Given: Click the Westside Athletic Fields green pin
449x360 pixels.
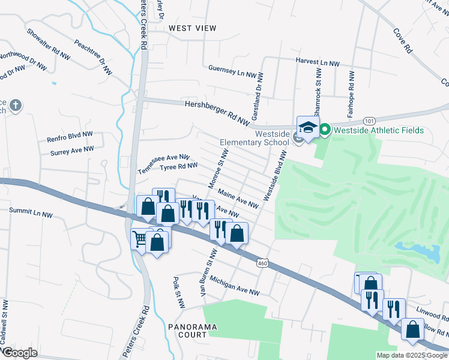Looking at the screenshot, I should (325, 130).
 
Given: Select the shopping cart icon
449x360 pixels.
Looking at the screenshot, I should (140, 239).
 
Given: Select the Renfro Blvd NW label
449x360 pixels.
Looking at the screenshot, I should (70, 137).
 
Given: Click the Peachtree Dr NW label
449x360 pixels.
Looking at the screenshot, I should (93, 57).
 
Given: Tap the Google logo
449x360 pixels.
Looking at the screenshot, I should (20, 353).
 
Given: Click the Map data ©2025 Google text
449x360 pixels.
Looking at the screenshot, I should (411, 355).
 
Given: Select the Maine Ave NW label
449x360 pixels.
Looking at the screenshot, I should (238, 200).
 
